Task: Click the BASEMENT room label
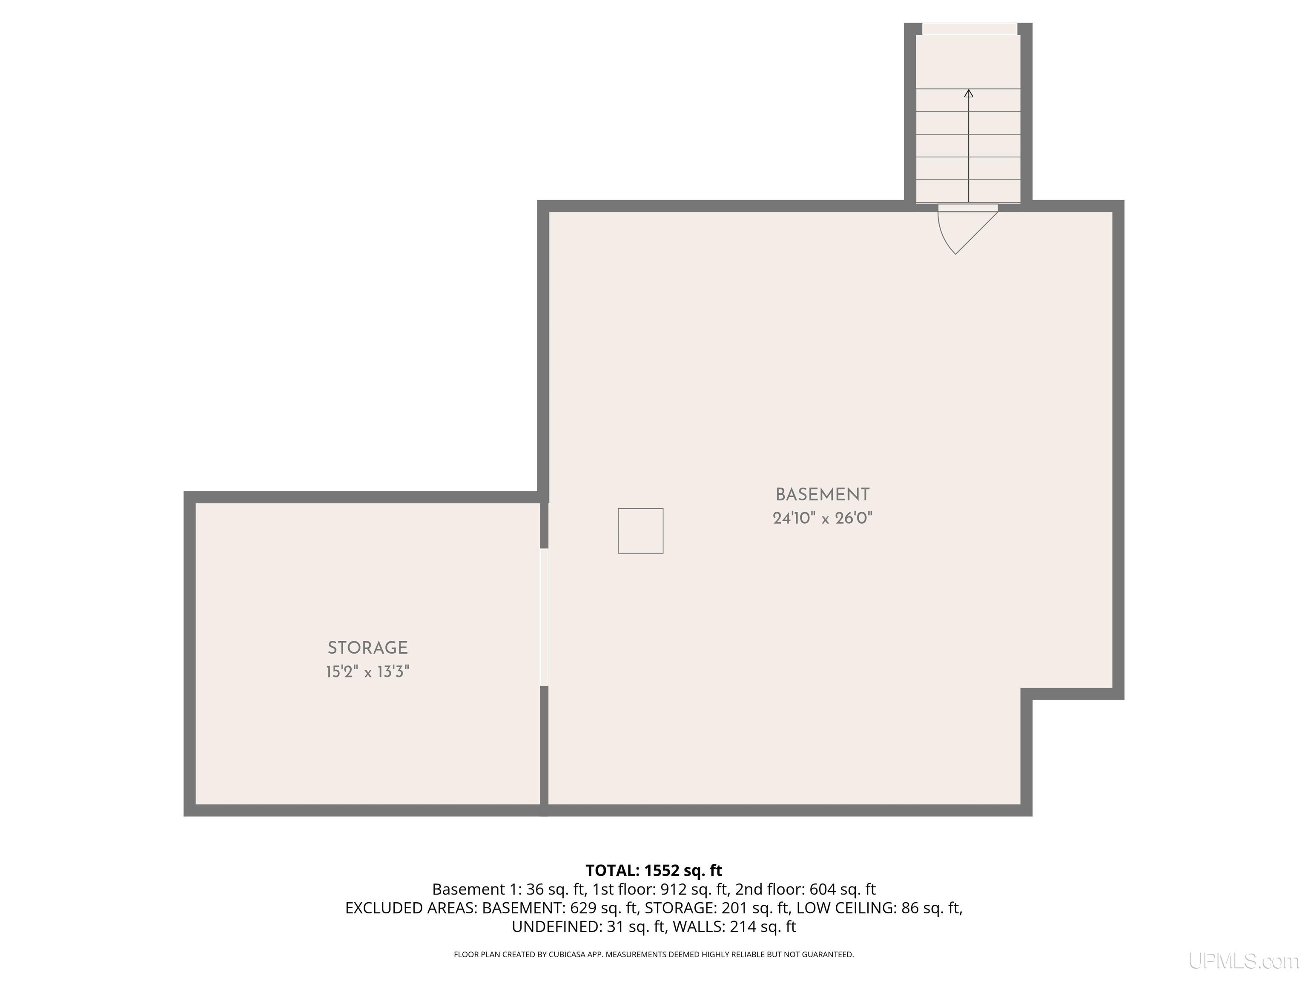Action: point(823,494)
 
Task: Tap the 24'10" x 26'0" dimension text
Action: point(823,519)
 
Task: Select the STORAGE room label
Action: point(368,648)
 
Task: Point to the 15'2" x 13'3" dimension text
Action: point(368,672)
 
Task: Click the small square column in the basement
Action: point(640,531)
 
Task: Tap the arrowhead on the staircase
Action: point(969,93)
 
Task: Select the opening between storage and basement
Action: point(544,617)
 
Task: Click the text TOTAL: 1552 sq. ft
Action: point(654,870)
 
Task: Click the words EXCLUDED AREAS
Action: point(410,908)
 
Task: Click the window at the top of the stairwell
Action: point(970,29)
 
